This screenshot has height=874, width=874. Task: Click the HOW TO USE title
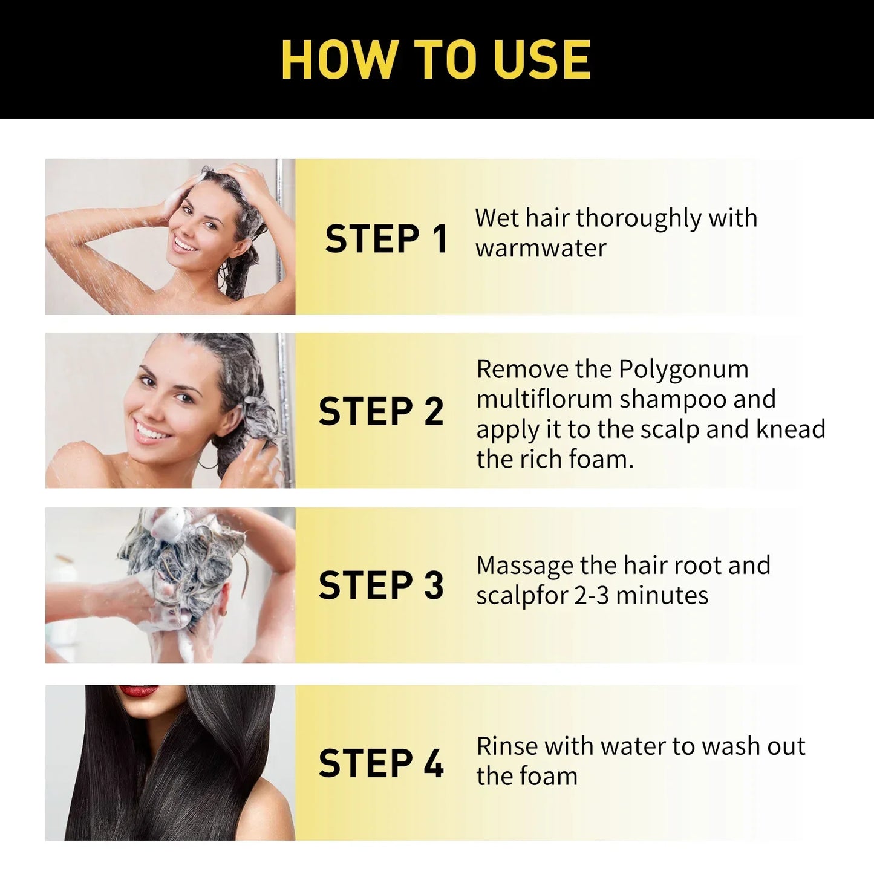point(436,60)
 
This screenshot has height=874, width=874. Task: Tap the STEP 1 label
point(386,239)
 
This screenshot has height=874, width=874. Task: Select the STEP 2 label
point(381,412)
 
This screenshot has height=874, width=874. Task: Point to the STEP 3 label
point(381,585)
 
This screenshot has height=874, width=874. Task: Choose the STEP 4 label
point(381,763)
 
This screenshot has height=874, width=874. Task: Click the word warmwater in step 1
point(541,249)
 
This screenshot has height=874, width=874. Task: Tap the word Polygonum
point(683,370)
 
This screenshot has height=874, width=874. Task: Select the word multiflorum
point(544,400)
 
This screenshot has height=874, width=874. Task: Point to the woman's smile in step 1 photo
point(184,244)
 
